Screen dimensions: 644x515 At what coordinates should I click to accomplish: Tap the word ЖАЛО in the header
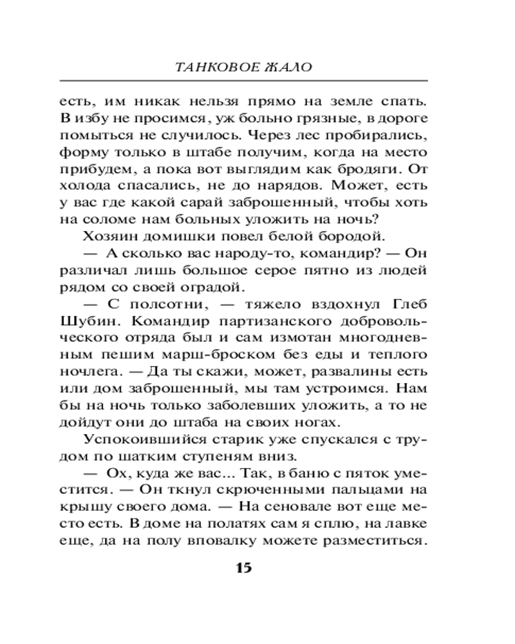point(286,67)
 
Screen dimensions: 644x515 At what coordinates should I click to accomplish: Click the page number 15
point(244,568)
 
